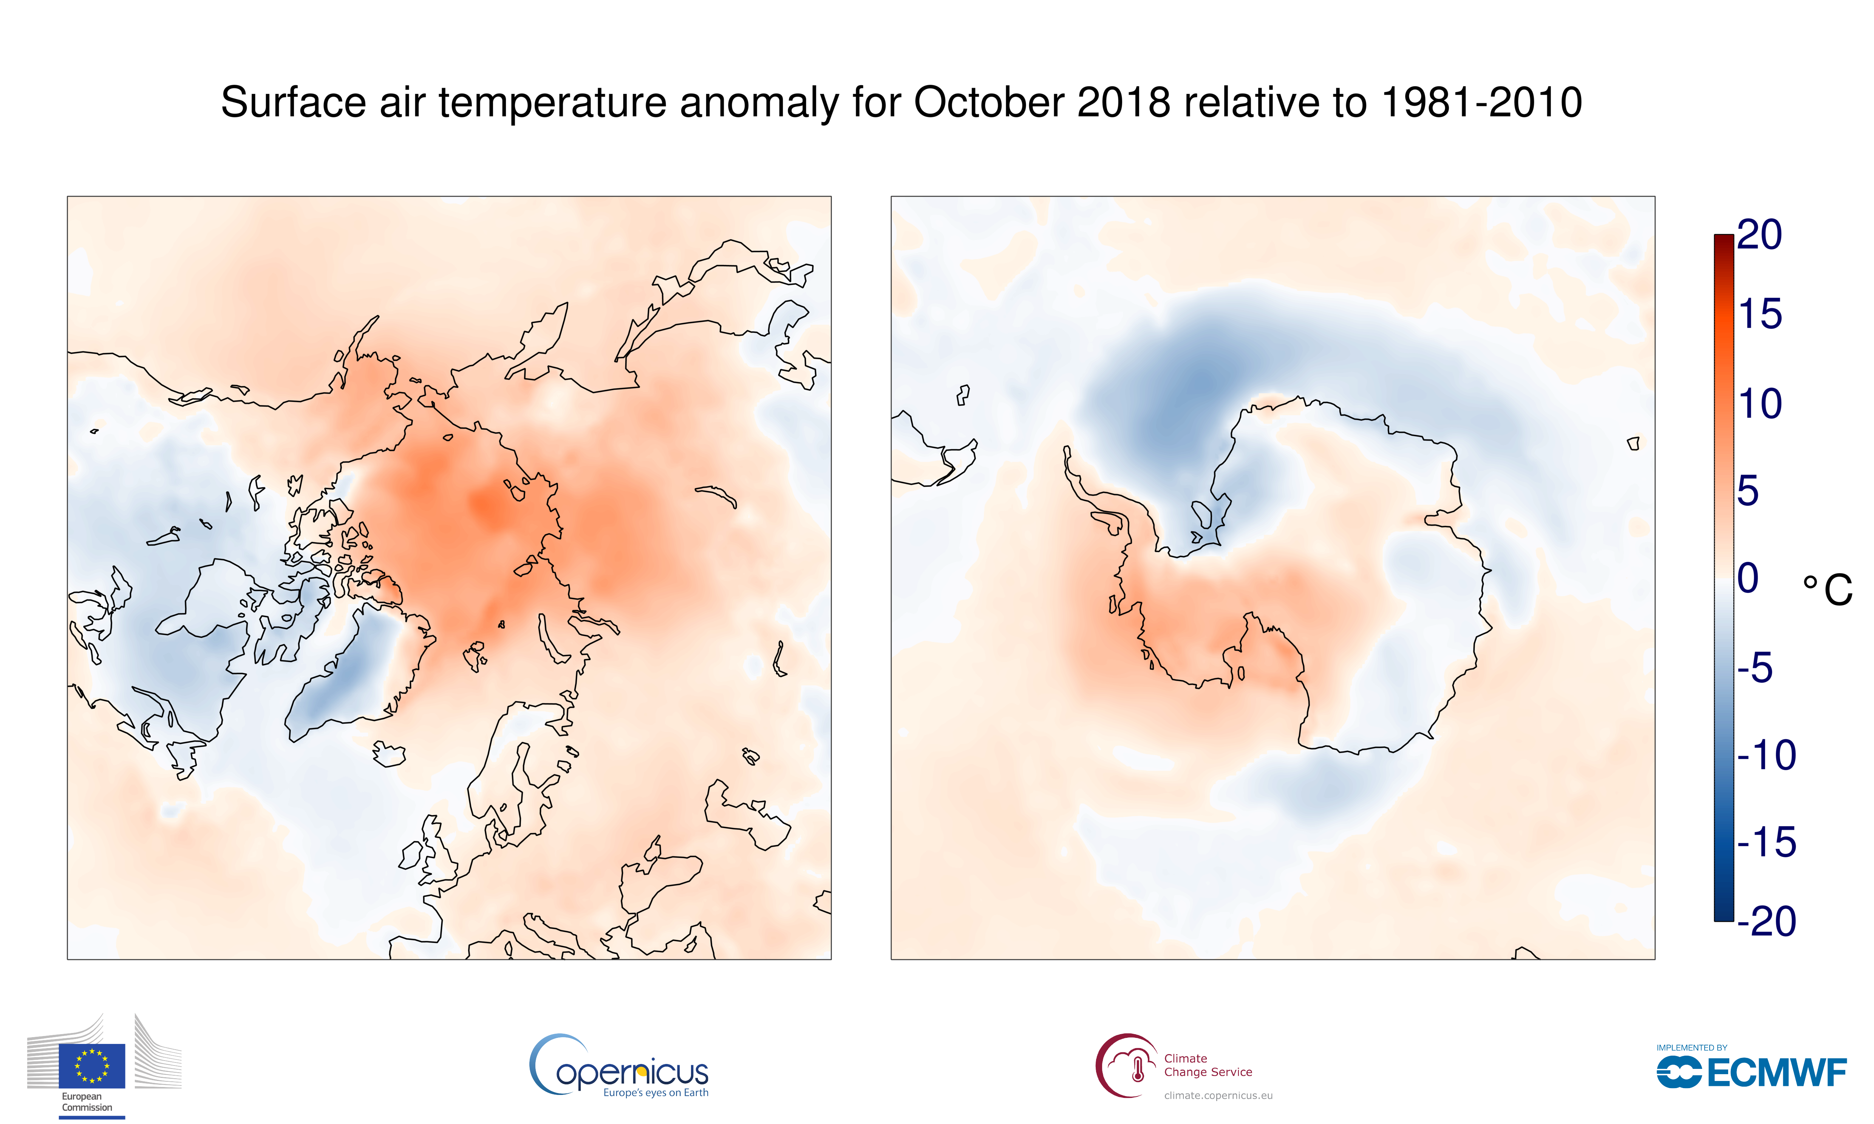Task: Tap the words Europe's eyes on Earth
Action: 656,1092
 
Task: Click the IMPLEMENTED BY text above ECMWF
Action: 1692,1047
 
